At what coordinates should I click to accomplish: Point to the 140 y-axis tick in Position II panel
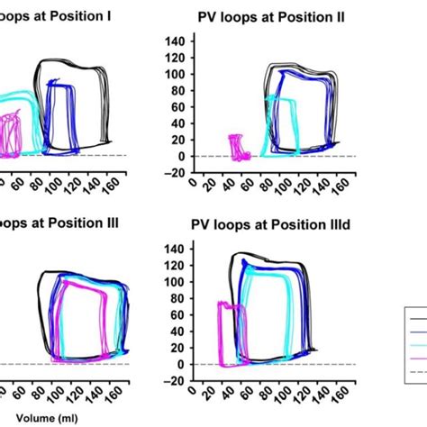pos(176,41)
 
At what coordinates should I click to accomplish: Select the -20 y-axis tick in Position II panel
pos(176,173)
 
